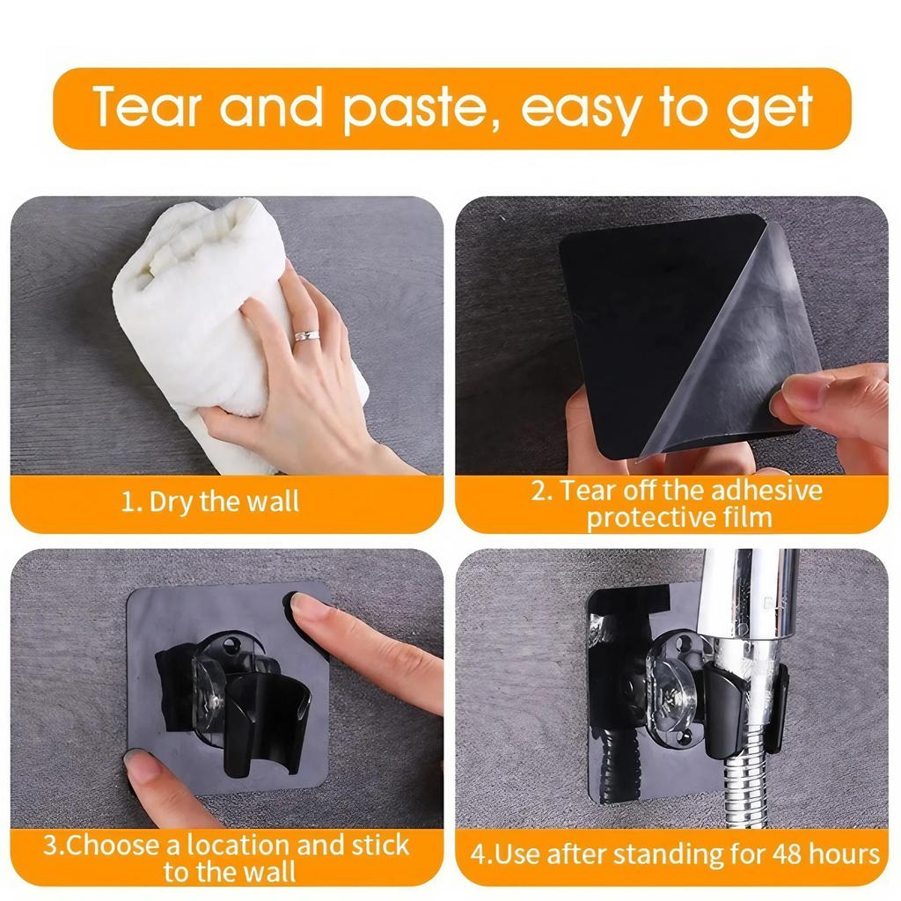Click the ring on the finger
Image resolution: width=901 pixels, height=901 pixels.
tap(305, 335)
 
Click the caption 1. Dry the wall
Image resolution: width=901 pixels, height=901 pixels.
tap(210, 502)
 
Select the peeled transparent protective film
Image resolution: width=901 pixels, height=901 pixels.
tap(739, 343)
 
